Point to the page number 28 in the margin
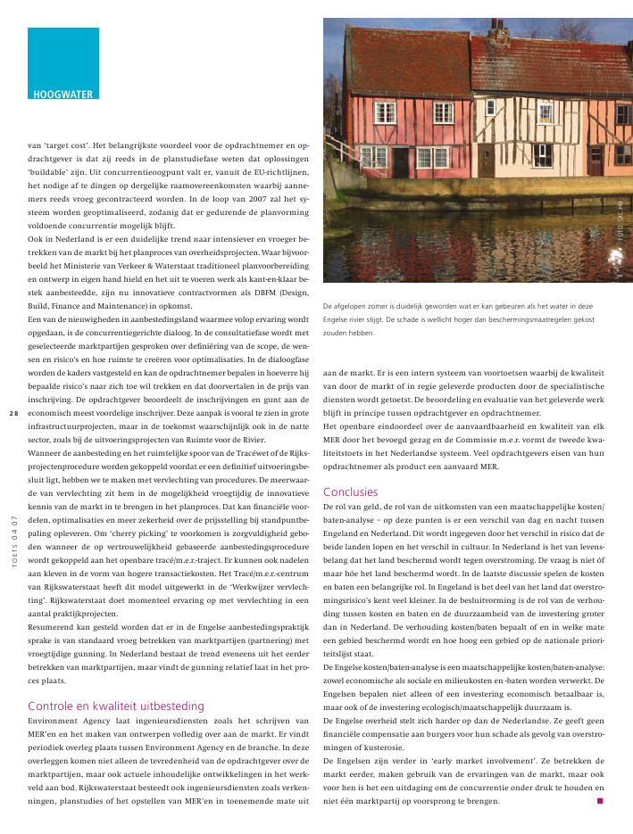coord(13,413)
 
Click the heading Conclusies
coord(350,491)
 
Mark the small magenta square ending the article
coord(600,801)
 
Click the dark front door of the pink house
coord(401,161)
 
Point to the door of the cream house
coord(487,161)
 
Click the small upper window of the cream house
coord(490,107)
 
